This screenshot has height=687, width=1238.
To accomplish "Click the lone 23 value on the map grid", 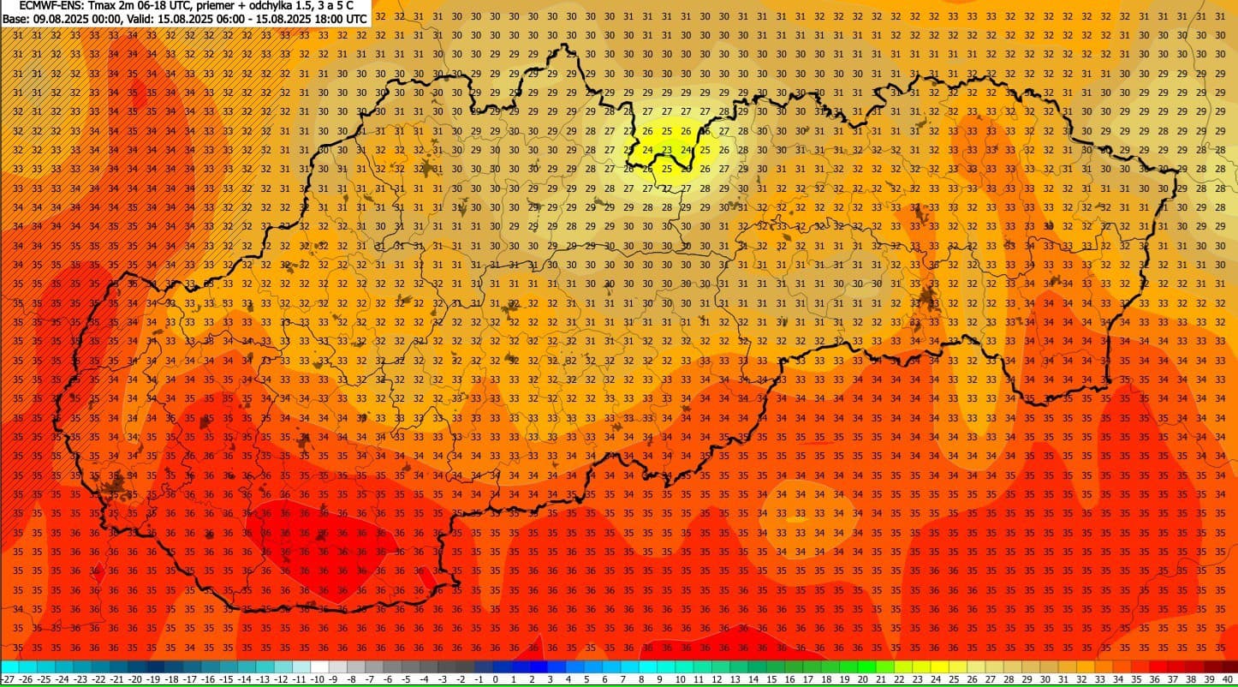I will (x=667, y=149).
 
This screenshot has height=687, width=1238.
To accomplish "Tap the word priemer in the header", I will (x=217, y=6).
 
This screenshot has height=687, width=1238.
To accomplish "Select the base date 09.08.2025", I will (x=61, y=18).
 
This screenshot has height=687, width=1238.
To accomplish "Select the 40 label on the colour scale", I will (x=1229, y=679).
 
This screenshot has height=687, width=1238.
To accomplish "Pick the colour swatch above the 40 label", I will (x=1229, y=666).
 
